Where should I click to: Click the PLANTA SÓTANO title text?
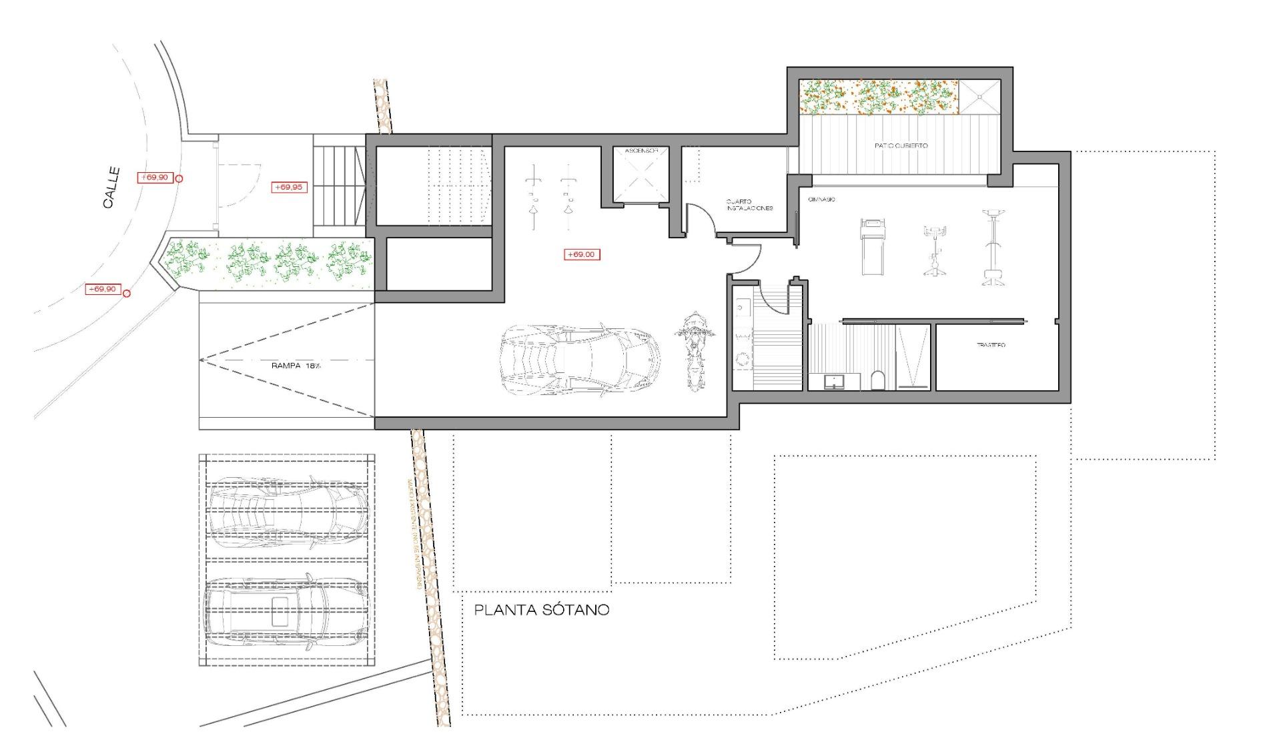(541, 610)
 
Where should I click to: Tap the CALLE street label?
(112, 188)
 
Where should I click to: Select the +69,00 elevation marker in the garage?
(582, 254)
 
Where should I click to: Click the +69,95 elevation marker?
(290, 188)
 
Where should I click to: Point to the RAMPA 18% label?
(296, 366)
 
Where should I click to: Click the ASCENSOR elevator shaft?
(640, 175)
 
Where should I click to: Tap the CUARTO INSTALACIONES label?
(749, 204)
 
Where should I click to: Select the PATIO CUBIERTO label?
(901, 145)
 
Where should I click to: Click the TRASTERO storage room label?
(990, 345)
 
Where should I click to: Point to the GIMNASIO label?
(821, 200)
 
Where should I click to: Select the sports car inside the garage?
(579, 361)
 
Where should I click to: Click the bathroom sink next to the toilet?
(833, 382)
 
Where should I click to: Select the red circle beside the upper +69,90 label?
(179, 179)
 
